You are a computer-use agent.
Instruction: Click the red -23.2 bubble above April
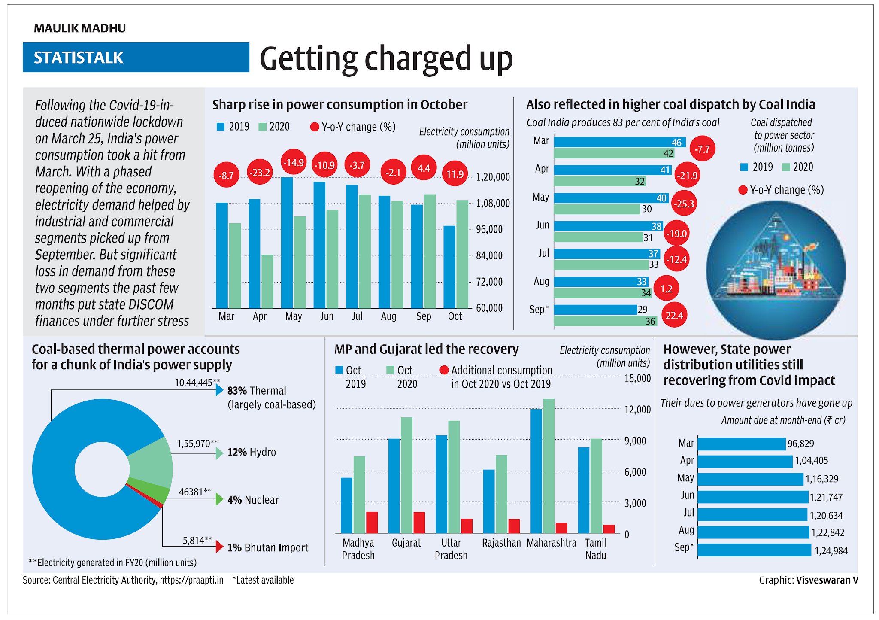coord(260,173)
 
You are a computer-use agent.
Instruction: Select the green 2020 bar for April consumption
coord(267,281)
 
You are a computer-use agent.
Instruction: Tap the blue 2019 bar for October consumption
coord(449,267)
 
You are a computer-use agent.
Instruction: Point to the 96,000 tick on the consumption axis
coord(489,229)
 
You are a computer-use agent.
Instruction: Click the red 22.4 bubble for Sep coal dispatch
coord(674,316)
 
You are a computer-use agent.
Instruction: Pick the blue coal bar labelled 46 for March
coord(619,142)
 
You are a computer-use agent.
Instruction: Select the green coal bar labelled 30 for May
coord(597,209)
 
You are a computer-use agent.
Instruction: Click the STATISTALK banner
coord(136,57)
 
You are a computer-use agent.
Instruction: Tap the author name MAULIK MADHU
coord(80,28)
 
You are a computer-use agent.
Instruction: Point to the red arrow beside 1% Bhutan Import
coord(219,547)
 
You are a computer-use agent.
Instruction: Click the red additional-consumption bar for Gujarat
coord(419,523)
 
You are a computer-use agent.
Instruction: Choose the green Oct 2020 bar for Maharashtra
coord(549,466)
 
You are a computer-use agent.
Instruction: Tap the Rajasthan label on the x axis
coord(501,543)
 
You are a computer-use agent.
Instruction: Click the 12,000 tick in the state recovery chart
coord(637,410)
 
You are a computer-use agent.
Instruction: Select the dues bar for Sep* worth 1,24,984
coord(754,550)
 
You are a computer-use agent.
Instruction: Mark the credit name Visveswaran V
coord(826,580)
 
